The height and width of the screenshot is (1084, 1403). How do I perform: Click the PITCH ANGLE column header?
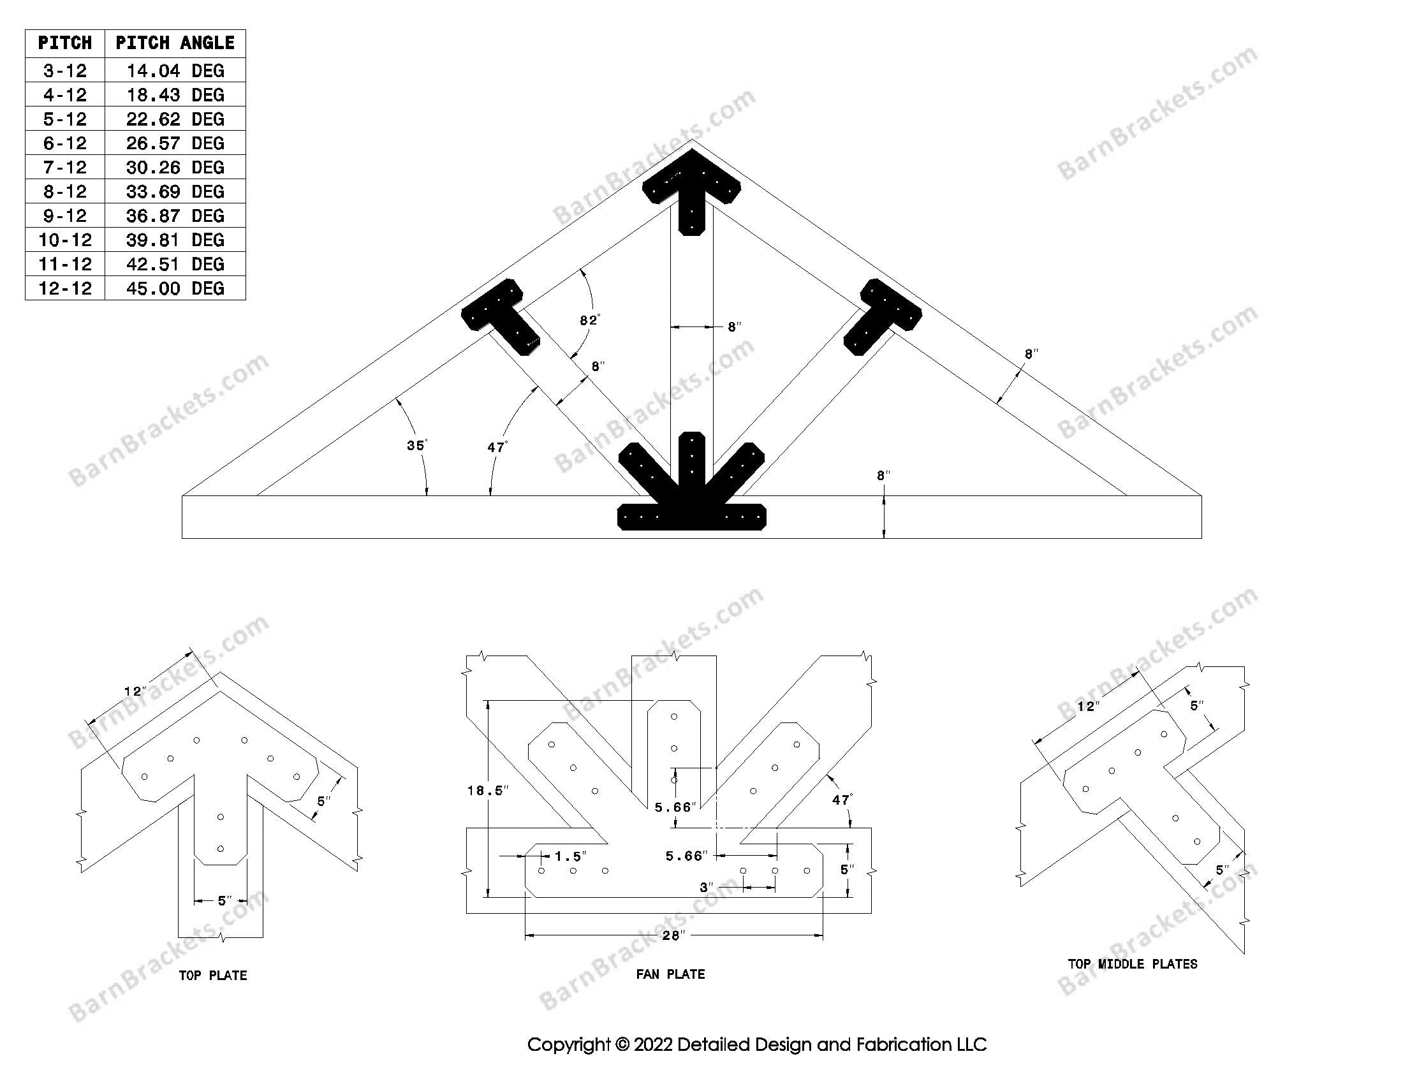click(175, 43)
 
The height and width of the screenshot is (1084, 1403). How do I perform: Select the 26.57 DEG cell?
click(175, 143)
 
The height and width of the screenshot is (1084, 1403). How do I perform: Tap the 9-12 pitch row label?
click(65, 216)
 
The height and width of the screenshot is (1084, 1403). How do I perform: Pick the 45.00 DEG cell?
click(175, 288)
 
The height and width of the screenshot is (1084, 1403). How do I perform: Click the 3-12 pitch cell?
click(65, 71)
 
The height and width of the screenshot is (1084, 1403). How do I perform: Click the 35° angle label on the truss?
click(416, 445)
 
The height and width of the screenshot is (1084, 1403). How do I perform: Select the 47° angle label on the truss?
click(497, 447)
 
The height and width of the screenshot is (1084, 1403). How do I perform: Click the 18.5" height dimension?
click(488, 791)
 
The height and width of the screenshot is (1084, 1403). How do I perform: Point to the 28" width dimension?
click(672, 935)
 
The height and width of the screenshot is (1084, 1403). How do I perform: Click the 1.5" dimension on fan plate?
click(569, 856)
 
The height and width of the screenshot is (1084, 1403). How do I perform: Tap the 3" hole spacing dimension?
click(707, 888)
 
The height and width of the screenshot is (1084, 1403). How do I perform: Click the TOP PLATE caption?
click(212, 976)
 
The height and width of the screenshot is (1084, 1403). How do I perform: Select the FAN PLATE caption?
click(670, 974)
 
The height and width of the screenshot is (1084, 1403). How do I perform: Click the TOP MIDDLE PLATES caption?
click(1133, 964)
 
